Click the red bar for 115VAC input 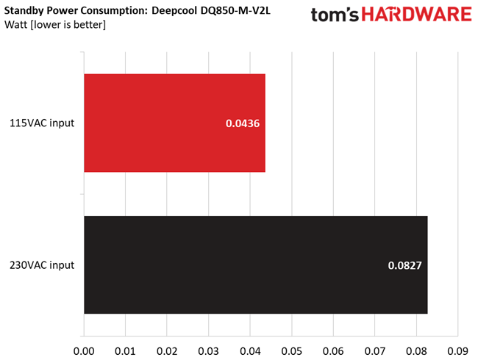pyautogui.click(x=174, y=123)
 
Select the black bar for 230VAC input pyautogui.click(x=255, y=265)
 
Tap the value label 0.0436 pyautogui.click(x=243, y=123)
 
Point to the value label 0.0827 pyautogui.click(x=405, y=265)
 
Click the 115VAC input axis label pyautogui.click(x=41, y=123)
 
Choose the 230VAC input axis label pyautogui.click(x=41, y=265)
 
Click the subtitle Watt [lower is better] pyautogui.click(x=54, y=26)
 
